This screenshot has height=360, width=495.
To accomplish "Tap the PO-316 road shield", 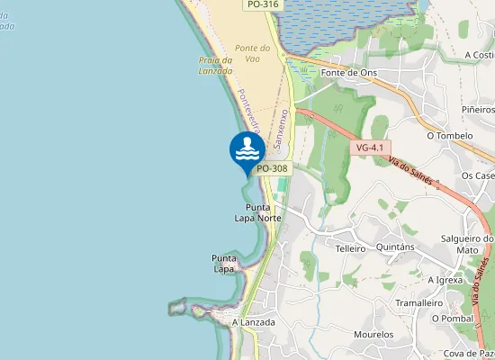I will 262,4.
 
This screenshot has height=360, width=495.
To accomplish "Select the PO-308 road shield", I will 271,168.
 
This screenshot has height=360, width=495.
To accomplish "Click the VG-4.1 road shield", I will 370,147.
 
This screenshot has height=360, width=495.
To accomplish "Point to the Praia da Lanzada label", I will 215,66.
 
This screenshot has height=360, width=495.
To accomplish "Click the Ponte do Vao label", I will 252,53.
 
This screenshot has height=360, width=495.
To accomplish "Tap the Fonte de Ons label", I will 349,73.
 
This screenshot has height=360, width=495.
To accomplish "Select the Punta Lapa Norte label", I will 257,212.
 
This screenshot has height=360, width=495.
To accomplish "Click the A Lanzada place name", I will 253,321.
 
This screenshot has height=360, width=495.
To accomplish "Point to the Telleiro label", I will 350,247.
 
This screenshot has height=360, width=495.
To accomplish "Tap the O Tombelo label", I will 450,136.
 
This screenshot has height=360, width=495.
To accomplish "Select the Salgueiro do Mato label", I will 467,244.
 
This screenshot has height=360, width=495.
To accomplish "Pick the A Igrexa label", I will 445,280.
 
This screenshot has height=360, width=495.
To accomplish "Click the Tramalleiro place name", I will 420,303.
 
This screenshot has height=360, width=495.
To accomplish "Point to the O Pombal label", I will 452,318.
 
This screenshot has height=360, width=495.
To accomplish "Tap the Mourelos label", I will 373,335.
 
